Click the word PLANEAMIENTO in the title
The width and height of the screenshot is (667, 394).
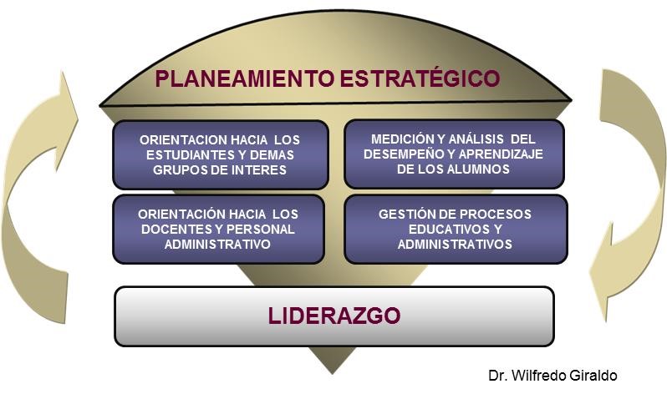click(245, 78)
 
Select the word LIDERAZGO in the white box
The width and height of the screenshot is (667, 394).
click(334, 316)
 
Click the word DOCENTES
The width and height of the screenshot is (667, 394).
click(178, 230)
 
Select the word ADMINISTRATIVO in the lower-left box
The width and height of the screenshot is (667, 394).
click(217, 245)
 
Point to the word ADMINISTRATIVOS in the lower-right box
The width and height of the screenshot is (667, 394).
click(455, 245)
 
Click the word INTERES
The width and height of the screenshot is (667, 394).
click(259, 170)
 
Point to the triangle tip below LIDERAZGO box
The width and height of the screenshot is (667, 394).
click(333, 374)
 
